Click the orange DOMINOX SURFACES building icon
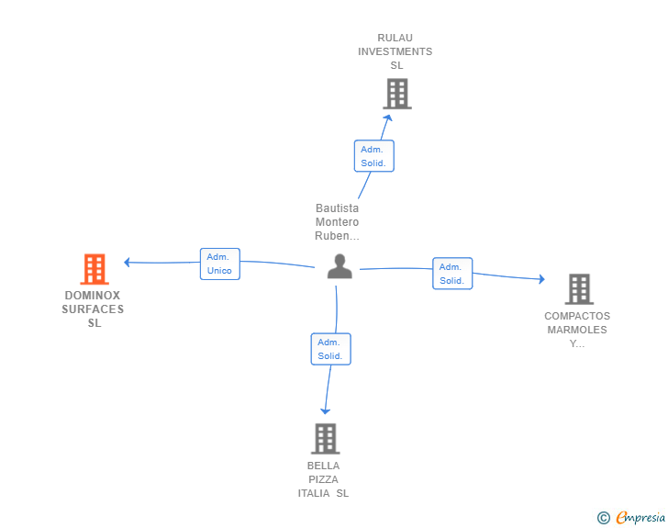[95, 269]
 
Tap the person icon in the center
[340, 266]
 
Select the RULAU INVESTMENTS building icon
[397, 94]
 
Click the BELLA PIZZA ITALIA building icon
[326, 438]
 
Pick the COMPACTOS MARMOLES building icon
[579, 289]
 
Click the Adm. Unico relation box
[220, 264]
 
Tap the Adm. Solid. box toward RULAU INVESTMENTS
[374, 156]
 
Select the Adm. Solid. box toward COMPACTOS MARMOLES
[452, 274]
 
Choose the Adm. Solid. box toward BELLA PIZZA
[331, 349]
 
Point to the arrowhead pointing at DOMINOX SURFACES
[127, 263]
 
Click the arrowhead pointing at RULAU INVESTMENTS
[387, 118]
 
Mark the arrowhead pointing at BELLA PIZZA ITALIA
[325, 411]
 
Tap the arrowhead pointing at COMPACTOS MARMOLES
[542, 279]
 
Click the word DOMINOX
[93, 295]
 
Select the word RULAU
[395, 38]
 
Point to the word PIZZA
[323, 479]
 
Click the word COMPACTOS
[577, 316]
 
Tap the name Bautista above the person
[337, 208]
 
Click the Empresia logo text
[640, 518]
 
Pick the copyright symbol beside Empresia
[604, 518]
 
